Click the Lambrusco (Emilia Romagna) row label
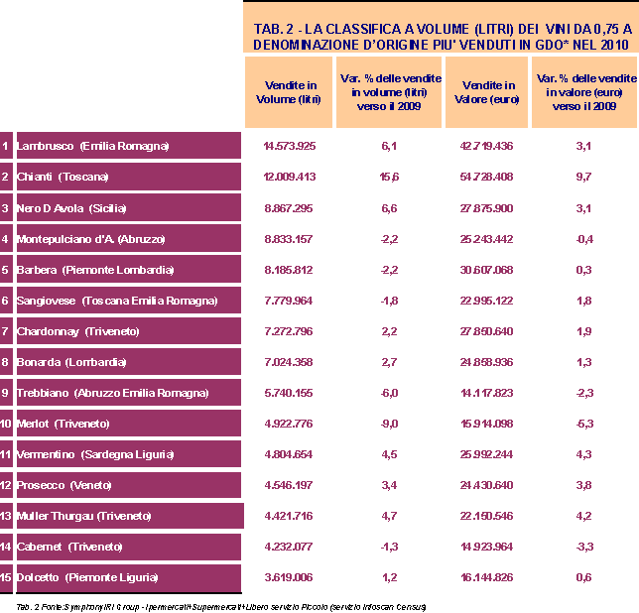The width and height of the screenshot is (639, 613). pos(93,147)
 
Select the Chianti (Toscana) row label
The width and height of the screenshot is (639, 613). pos(63,178)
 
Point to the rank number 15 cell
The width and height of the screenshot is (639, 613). pos(6,577)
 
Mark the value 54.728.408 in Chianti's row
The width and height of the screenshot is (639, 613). pos(486,178)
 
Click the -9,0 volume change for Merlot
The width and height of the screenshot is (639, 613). pos(388,424)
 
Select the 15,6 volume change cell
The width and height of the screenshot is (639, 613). pos(388,178)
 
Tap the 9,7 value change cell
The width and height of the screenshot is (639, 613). pos(583,178)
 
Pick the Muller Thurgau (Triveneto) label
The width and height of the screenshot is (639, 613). pos(84,516)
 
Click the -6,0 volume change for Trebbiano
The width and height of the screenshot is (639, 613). pos(388,393)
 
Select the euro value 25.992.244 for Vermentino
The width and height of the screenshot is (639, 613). pos(486,454)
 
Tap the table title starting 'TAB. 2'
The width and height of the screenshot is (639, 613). pos(441,37)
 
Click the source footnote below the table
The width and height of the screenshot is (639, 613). pos(213,605)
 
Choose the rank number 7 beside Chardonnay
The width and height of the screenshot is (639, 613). pos(6,331)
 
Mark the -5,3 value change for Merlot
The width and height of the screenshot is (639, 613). pos(583,424)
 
